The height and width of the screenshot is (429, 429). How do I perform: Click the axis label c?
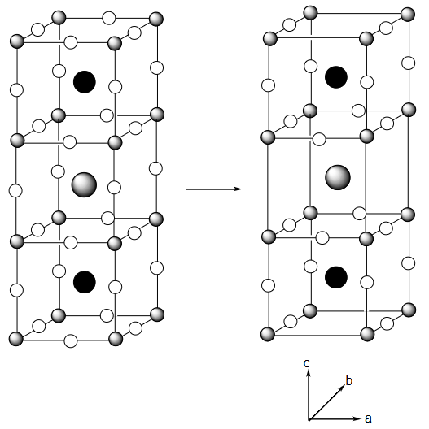[x=306, y=363]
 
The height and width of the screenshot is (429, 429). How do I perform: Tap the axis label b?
[x=348, y=380]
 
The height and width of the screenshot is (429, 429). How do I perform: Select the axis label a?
[x=368, y=418]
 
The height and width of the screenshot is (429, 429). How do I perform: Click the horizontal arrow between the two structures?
[x=214, y=188]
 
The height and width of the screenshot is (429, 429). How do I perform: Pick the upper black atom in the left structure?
[x=85, y=82]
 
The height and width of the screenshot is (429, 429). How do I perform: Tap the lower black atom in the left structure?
[x=85, y=282]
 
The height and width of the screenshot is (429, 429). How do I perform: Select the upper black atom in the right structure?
[x=336, y=77]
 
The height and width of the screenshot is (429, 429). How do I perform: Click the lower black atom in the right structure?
[x=336, y=277]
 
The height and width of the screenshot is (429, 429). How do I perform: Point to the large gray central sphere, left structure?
[x=84, y=184]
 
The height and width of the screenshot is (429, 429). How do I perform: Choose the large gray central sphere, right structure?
[x=338, y=177]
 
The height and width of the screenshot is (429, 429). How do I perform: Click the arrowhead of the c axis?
[x=309, y=372]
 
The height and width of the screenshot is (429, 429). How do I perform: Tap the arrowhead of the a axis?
[x=357, y=418]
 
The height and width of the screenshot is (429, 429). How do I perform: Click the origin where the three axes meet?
[x=309, y=419]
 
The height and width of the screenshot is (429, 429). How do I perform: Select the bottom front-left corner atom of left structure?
[x=16, y=339]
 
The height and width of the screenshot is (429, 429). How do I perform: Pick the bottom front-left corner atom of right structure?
[x=268, y=334]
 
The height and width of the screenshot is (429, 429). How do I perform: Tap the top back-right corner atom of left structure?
[x=156, y=19]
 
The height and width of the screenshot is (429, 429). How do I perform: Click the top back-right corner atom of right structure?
[x=408, y=15]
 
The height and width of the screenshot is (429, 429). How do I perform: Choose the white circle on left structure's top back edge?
[x=109, y=19]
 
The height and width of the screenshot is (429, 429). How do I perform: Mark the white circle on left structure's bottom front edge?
[x=71, y=341]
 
